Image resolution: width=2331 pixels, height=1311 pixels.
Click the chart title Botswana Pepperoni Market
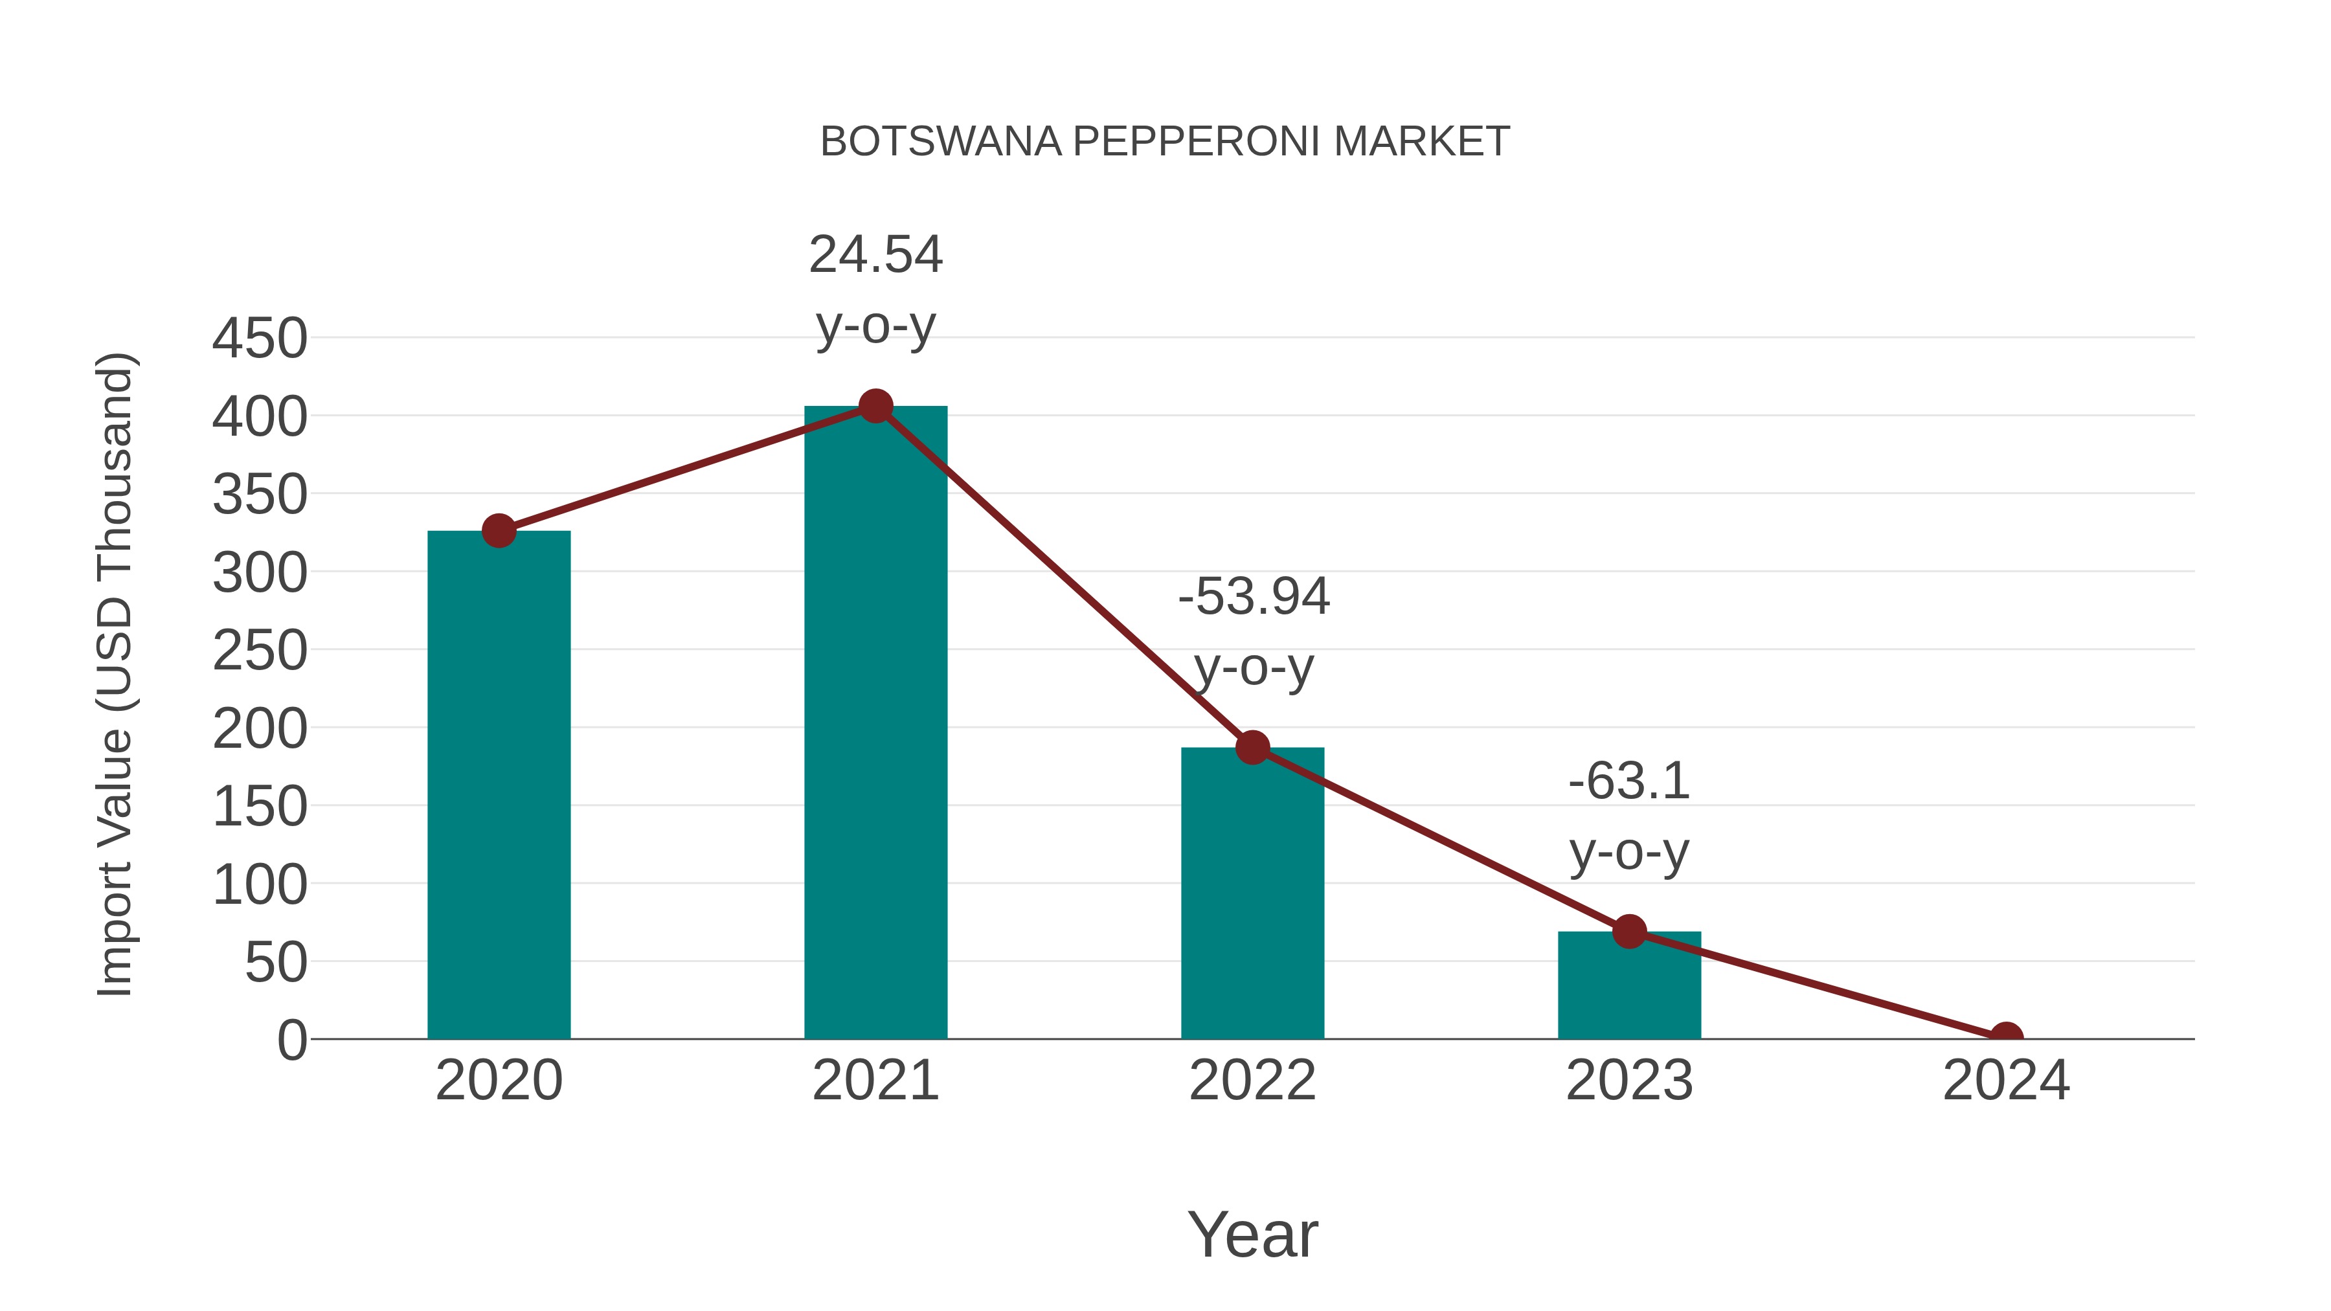pos(1165,142)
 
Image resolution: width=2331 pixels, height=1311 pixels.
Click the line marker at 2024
pos(2006,1037)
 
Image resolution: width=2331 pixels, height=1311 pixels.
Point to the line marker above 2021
pos(875,406)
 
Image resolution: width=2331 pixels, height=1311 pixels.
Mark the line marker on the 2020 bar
pos(499,530)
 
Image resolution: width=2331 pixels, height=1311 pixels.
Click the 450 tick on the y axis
pos(260,339)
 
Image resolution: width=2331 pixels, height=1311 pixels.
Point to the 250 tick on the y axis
pos(260,651)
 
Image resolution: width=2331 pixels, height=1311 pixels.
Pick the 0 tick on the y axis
pos(292,1040)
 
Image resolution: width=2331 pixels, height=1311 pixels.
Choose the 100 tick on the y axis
pos(260,885)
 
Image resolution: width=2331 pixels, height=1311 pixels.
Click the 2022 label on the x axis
pos(1252,1081)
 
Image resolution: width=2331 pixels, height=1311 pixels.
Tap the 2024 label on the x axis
pos(2006,1081)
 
